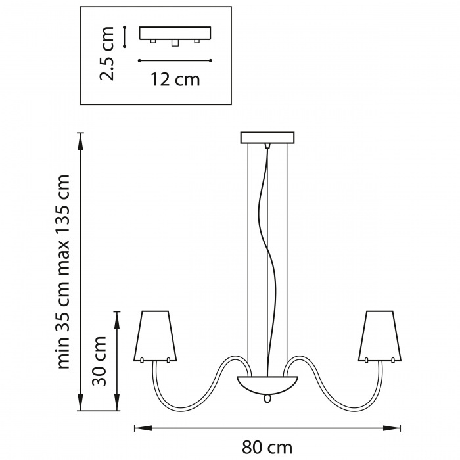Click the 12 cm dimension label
(x=175, y=80)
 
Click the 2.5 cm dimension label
(x=106, y=53)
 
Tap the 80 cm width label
(x=267, y=448)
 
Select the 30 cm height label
(x=99, y=361)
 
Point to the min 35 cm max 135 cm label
(x=63, y=272)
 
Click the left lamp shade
(x=155, y=336)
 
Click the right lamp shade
(x=380, y=336)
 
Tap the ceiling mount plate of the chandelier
(x=267, y=137)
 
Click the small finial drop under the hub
(x=267, y=398)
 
